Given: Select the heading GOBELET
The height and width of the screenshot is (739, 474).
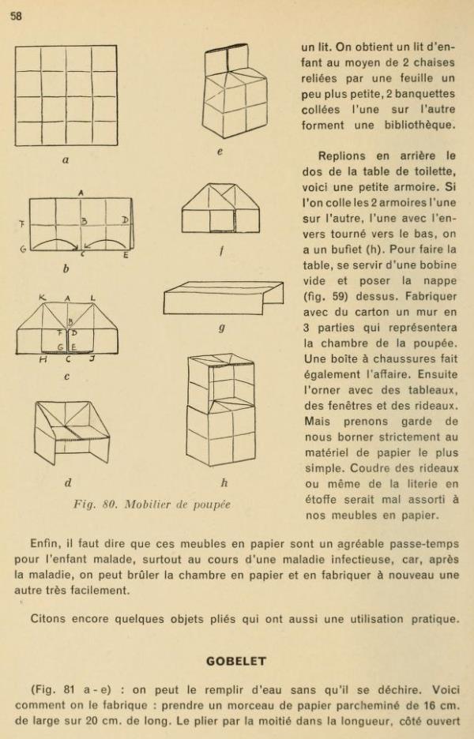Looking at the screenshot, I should (236, 662).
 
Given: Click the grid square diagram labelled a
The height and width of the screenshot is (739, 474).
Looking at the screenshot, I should (66, 96).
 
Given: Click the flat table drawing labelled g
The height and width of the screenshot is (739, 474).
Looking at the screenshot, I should (223, 298).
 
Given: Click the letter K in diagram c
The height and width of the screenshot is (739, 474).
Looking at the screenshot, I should (42, 298).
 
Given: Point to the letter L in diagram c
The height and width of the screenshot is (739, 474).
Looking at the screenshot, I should (93, 298).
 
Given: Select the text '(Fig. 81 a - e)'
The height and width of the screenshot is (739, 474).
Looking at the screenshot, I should (67, 689).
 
